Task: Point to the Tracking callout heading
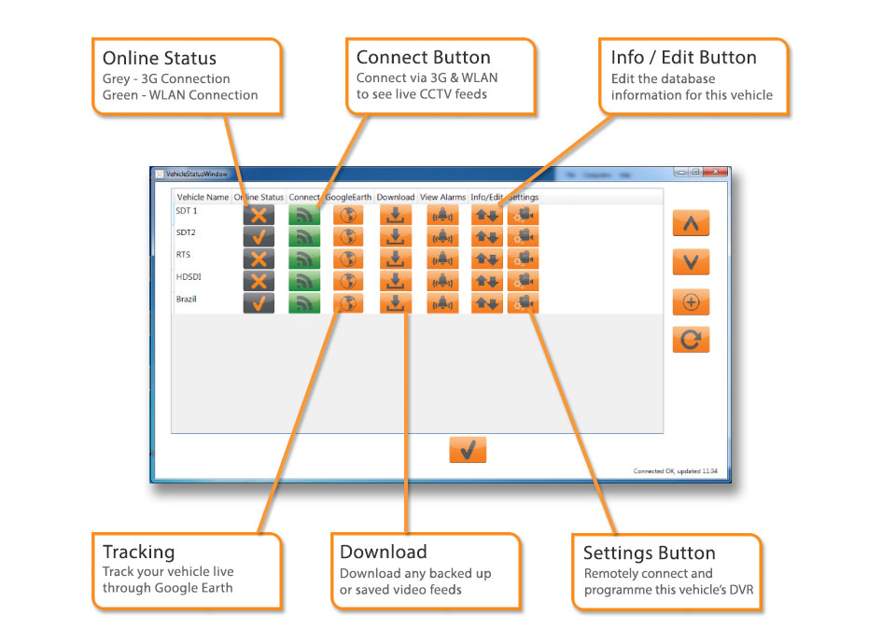point(138,552)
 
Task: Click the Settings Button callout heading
point(649,553)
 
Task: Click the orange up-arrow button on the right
point(691,223)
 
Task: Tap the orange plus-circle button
point(691,301)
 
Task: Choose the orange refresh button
point(691,340)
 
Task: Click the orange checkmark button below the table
point(468,450)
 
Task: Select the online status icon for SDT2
point(259,236)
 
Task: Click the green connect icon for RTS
point(304,259)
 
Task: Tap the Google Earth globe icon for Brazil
point(348,303)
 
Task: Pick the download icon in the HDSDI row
point(395,281)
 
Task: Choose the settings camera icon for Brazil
point(524,303)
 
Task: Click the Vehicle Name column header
point(203,198)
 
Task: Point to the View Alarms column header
point(442,198)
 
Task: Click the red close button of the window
point(716,173)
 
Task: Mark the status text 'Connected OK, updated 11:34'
point(675,471)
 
